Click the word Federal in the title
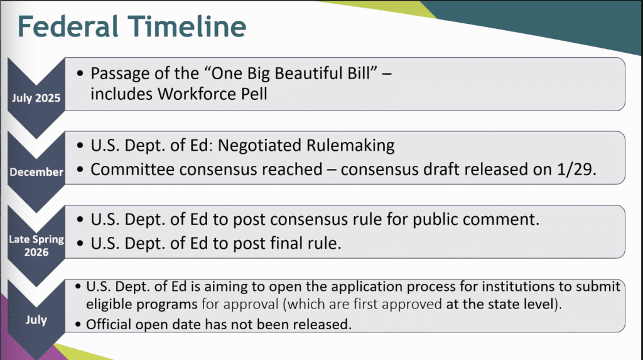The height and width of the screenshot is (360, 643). coord(68,26)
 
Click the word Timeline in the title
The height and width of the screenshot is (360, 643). coord(186,26)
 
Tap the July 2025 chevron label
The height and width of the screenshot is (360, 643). coord(36,98)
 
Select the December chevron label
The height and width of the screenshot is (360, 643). coord(36,172)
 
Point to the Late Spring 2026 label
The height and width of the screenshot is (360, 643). coord(36,246)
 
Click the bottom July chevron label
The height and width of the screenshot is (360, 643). coord(36,320)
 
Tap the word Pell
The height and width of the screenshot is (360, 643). coord(254,94)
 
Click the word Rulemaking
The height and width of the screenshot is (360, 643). coord(350,146)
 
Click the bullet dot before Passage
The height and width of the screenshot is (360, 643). coord(80,74)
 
